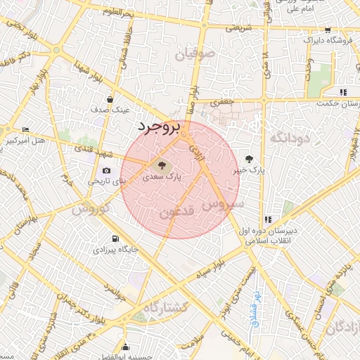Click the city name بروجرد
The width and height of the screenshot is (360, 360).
[159, 127]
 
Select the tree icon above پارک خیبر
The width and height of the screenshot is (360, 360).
[250, 159]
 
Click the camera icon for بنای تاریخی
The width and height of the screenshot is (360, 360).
[107, 170]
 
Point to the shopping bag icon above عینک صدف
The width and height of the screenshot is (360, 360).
[110, 99]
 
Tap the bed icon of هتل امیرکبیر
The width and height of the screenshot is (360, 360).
[26, 129]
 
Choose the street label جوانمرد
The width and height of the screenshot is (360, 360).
[112, 290]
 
